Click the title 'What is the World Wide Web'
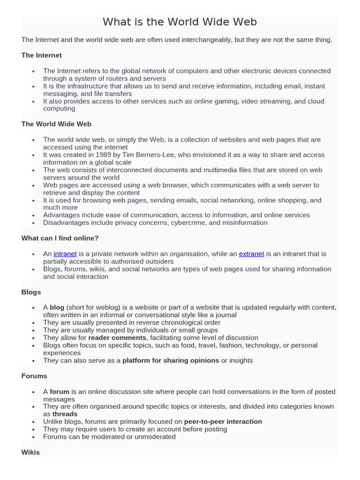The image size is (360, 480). coord(180,22)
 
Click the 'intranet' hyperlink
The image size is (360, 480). coord(65,254)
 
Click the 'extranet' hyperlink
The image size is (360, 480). coord(251,254)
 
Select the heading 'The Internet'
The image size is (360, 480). coord(41,55)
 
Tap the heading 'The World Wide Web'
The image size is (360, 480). coord(56,124)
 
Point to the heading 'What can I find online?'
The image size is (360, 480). coord(60,238)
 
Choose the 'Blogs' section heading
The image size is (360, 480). coord(31,292)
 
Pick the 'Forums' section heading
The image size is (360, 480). coord(34,376)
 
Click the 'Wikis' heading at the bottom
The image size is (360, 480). coord(30,452)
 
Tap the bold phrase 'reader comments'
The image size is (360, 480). coord(117,337)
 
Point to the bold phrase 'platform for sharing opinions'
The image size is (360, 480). coord(171,360)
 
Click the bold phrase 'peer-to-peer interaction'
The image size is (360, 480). coord(223,421)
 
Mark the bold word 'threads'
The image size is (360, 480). coord(65,414)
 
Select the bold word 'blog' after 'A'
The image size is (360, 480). coord(57,307)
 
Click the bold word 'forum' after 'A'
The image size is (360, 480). coord(60,391)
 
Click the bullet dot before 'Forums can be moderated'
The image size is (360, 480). coord(33,437)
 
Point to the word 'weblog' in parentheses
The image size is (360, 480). coord(96,307)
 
